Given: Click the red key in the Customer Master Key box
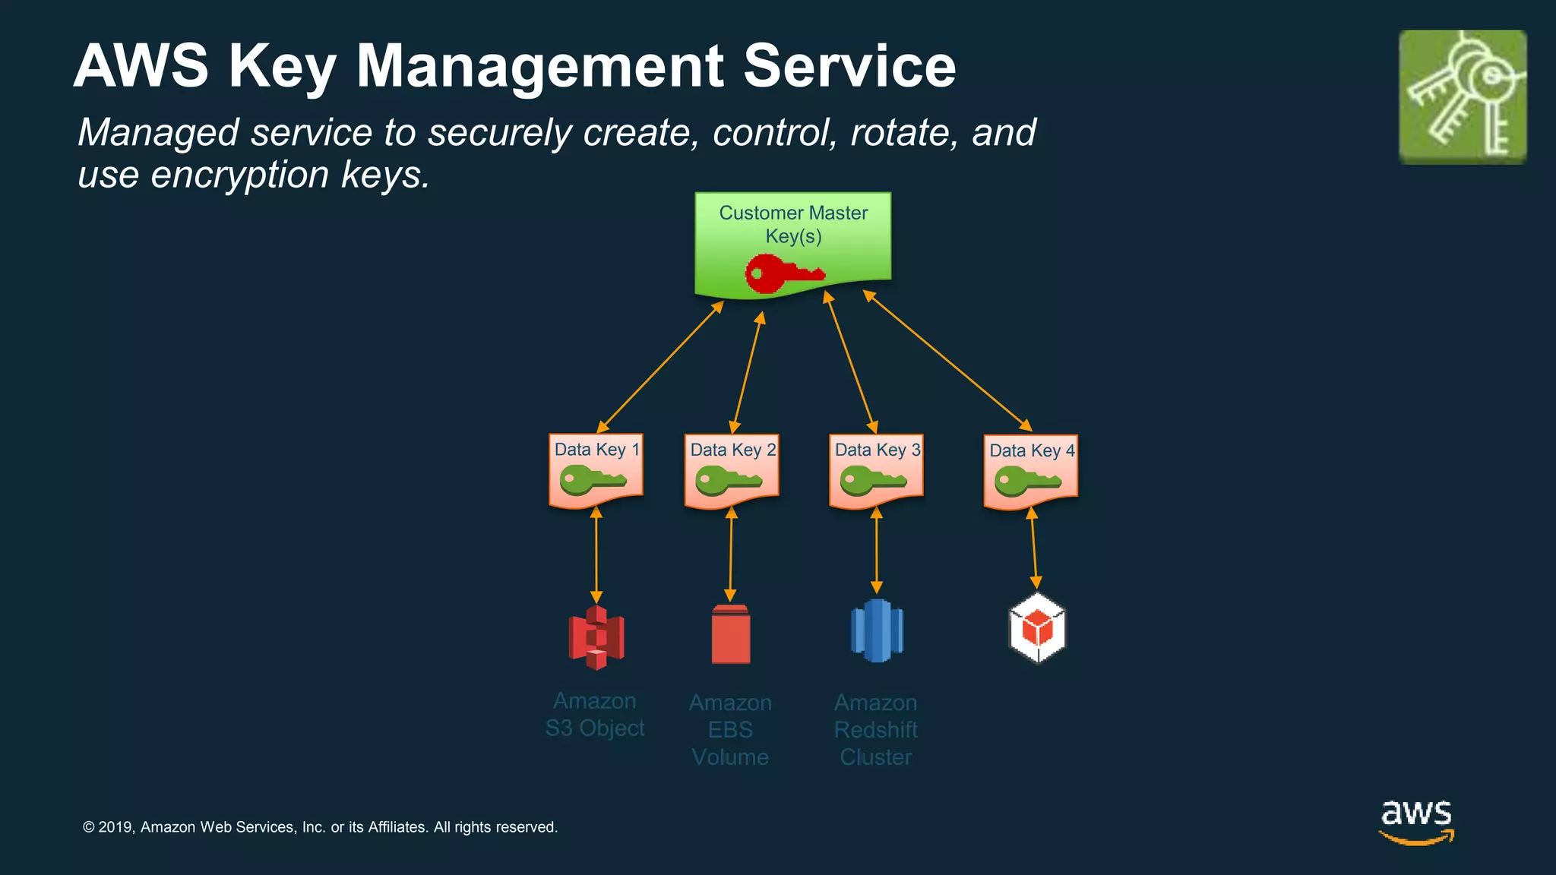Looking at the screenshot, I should pos(783,274).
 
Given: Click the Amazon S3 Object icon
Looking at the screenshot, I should pos(596,637).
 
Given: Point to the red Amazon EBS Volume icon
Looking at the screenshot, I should pos(730,634).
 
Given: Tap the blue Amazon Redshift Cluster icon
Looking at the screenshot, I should pos(877,631).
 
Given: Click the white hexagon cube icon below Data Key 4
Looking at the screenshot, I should pos(1037,628).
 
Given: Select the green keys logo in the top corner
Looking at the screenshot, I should pos(1463,97).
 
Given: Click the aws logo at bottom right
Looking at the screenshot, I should pos(1416,821).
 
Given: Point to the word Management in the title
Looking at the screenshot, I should pos(539,66).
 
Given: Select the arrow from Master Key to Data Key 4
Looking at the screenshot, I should pos(947,360).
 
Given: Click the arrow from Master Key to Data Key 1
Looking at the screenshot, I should pos(660,367).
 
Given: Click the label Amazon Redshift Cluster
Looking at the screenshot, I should pos(876,730).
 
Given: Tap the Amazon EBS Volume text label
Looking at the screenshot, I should pos(730,730).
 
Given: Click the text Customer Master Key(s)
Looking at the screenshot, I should pos(793,224).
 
